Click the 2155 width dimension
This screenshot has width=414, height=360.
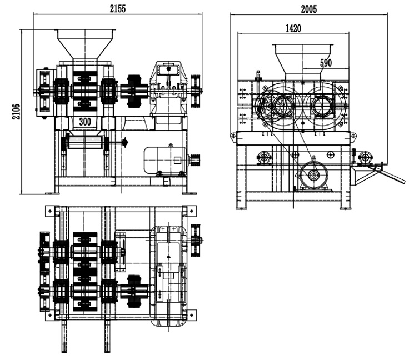[118, 9]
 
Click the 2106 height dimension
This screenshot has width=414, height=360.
[16, 112]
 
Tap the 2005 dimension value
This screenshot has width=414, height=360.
[308, 9]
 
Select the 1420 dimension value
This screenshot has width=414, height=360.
[293, 28]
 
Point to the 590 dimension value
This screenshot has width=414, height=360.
[326, 63]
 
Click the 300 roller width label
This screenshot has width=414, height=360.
[85, 122]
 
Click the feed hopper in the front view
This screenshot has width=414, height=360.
[86, 44]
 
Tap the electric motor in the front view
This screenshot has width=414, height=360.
[165, 161]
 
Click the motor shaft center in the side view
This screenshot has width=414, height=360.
[313, 175]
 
